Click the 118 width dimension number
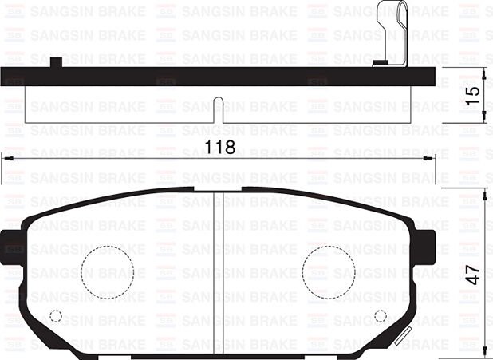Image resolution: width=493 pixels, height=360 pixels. pyautogui.click(x=220, y=148)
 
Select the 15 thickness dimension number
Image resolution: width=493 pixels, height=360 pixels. pyautogui.click(x=474, y=93)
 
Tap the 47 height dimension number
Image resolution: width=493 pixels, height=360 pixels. pyautogui.click(x=474, y=274)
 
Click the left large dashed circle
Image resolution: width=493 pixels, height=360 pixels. pyautogui.click(x=107, y=272)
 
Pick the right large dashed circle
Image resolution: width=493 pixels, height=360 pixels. pyautogui.click(x=328, y=272)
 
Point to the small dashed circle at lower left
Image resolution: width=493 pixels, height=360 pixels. pyautogui.click(x=56, y=315)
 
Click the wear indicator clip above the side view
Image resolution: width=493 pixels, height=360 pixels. pyautogui.click(x=392, y=32)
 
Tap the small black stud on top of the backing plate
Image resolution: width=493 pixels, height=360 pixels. pyautogui.click(x=56, y=62)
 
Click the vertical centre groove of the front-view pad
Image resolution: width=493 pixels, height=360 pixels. pyautogui.click(x=219, y=263)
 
